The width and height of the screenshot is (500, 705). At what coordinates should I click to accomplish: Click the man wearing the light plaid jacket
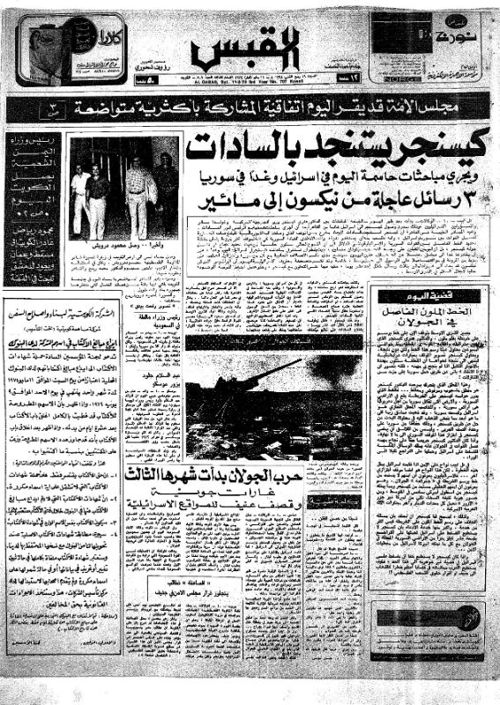pos(138,189)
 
